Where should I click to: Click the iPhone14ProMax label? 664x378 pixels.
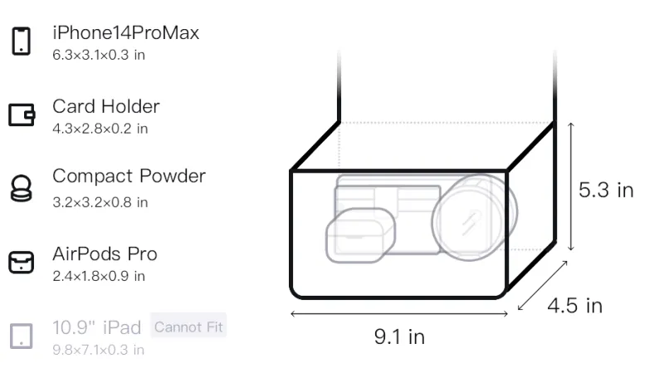tap(126, 33)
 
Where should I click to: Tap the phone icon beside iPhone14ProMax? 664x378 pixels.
tap(22, 41)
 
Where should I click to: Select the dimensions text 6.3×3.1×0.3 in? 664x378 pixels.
tap(99, 55)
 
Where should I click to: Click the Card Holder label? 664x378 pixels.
tap(106, 106)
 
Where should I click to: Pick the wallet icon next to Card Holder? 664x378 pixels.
tap(22, 115)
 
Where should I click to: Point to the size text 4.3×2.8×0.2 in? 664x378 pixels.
tap(100, 129)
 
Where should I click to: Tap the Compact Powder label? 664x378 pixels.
tap(129, 176)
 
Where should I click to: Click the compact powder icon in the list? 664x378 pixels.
tap(21, 188)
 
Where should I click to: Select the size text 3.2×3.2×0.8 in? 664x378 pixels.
tap(100, 203)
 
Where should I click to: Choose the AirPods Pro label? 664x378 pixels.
tap(105, 254)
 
